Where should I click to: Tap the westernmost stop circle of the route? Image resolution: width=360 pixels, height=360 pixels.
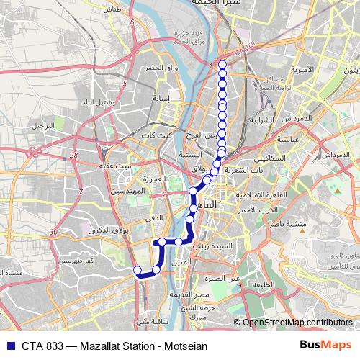click(138, 270)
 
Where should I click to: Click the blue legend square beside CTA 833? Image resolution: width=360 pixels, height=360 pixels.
click(9, 346)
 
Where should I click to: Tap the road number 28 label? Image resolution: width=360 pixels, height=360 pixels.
click(75, 155)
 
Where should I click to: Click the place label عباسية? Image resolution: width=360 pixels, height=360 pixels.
click(287, 140)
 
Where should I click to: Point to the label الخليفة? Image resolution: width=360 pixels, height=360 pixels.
click(263, 285)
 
